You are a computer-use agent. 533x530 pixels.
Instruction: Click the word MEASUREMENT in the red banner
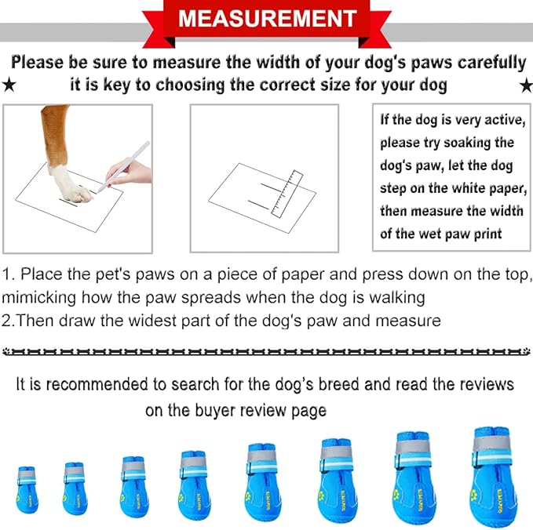[x=266, y=17]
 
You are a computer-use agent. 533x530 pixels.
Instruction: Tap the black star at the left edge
[x=9, y=85]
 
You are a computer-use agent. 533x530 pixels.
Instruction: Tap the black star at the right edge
[x=525, y=85]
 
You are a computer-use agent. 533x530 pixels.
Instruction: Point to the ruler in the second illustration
[x=285, y=192]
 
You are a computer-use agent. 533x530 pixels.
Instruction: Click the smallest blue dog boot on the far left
[x=27, y=490]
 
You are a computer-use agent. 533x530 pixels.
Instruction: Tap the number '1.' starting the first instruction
[x=9, y=275]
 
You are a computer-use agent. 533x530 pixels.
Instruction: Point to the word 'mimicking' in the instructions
[x=35, y=298]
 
